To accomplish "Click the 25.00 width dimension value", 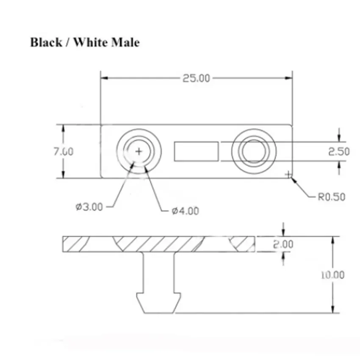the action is pyautogui.click(x=196, y=78).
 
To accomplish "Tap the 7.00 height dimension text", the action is pyautogui.click(x=64, y=152).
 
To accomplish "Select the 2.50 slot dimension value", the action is pyautogui.click(x=339, y=152).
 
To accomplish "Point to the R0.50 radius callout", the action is pyautogui.click(x=332, y=197).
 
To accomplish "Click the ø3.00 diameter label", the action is pyautogui.click(x=89, y=207).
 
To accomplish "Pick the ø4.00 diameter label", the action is pyautogui.click(x=186, y=211).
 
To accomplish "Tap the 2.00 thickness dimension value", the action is pyautogui.click(x=283, y=244).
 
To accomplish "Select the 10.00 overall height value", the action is pyautogui.click(x=332, y=275).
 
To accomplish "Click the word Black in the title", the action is pyautogui.click(x=46, y=42).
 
